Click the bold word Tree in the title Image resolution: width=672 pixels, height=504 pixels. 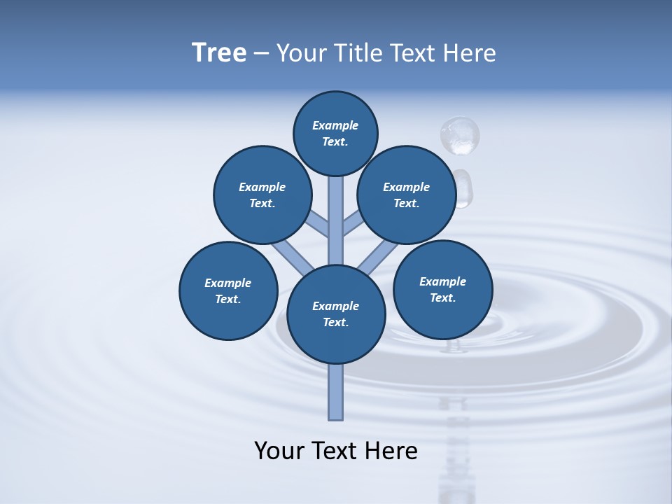(219, 52)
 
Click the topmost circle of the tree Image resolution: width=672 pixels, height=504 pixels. (335, 133)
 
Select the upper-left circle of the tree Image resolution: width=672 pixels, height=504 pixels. (262, 195)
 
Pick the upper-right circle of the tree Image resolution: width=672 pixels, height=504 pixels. (407, 195)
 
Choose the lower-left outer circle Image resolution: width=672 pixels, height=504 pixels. (228, 290)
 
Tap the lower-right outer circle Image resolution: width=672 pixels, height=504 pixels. (442, 289)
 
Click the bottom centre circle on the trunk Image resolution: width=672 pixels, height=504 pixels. (336, 314)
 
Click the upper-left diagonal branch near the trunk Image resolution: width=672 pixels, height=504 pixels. (318, 225)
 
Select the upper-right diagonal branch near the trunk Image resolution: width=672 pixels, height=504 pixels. (353, 225)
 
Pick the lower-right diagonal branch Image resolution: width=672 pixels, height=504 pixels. (378, 258)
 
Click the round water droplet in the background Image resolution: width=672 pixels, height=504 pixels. (460, 135)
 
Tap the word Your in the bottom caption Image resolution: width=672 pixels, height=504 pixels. (276, 451)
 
